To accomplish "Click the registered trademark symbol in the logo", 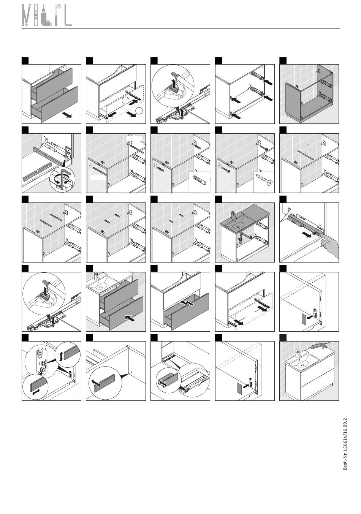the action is coord(59,6).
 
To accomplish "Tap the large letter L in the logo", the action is coord(68,15).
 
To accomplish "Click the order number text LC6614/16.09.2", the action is coord(345,437).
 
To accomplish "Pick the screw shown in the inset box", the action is coord(264,179).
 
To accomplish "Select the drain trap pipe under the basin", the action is coord(242,238).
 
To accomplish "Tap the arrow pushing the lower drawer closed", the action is coord(130,318).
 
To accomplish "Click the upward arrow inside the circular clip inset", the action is coord(174,84).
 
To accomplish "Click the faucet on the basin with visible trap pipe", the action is coord(233,215).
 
